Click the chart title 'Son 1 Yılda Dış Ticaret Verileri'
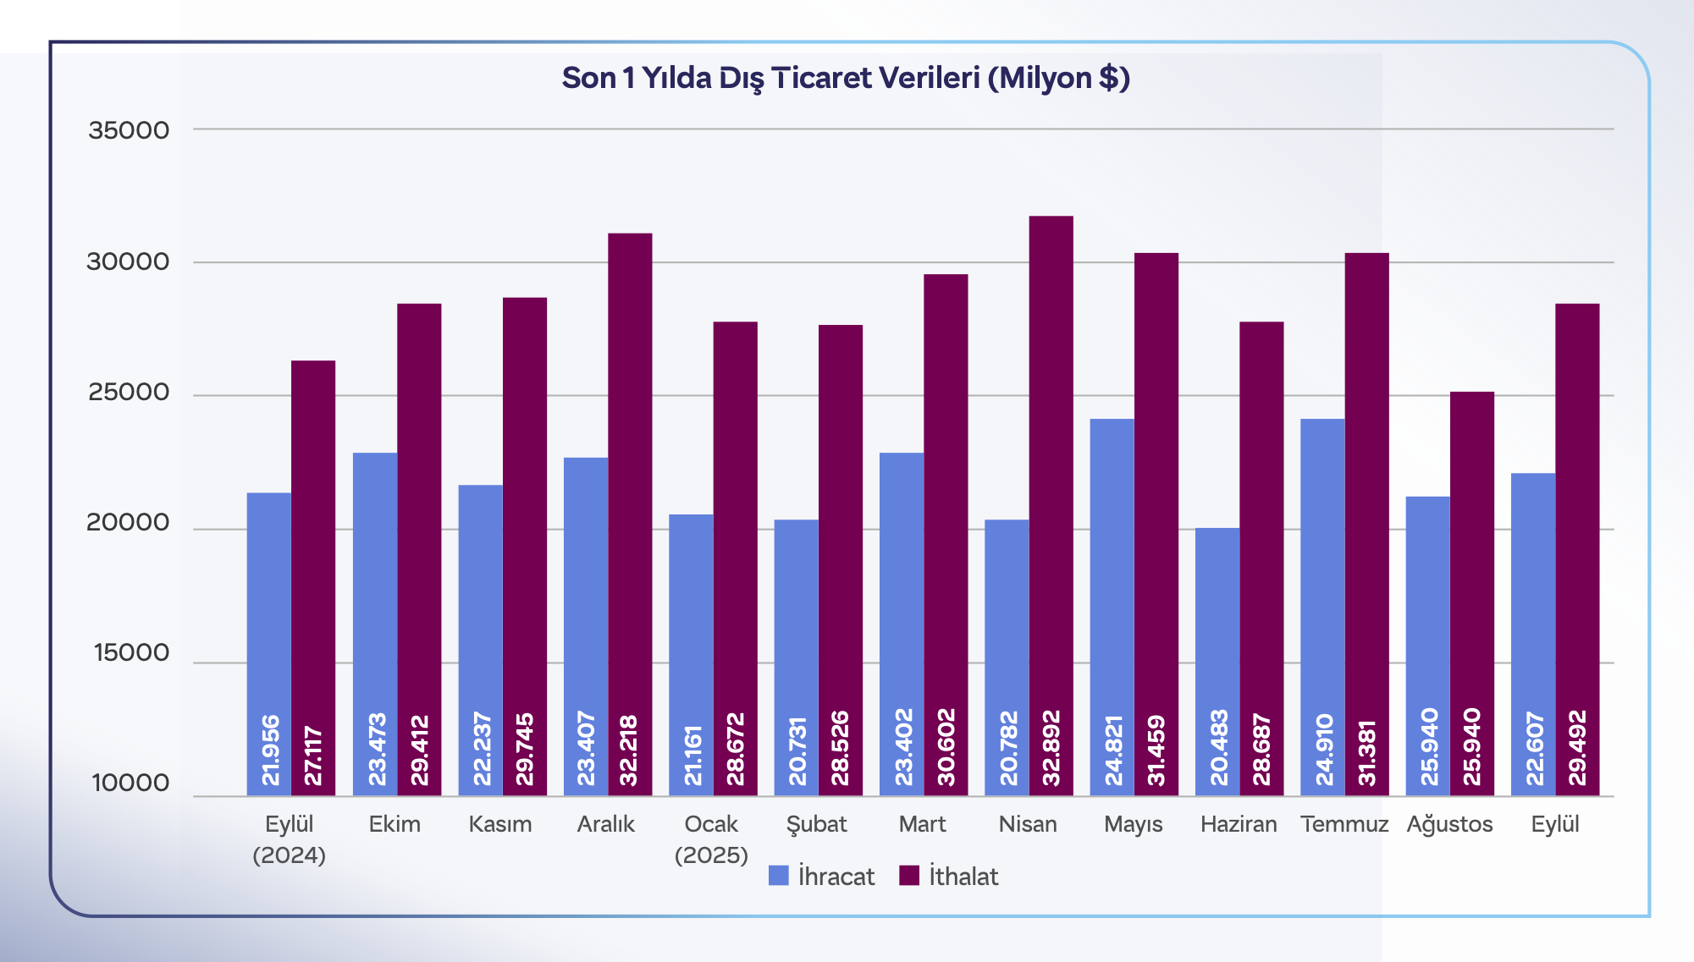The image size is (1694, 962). point(846,78)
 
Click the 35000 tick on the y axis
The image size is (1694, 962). point(129,130)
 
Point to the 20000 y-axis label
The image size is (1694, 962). point(129,523)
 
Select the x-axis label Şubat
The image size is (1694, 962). point(816,824)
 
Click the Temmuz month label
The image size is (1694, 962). point(1344,824)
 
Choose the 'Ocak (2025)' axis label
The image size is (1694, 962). point(711,839)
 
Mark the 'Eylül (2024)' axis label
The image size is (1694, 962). point(290,839)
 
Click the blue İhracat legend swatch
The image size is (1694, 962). point(778,876)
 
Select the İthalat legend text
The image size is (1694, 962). point(963,877)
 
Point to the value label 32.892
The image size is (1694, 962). point(1051,748)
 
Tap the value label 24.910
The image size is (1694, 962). point(1323,750)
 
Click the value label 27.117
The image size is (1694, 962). point(312,756)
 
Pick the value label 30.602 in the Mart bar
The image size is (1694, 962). point(946,748)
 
